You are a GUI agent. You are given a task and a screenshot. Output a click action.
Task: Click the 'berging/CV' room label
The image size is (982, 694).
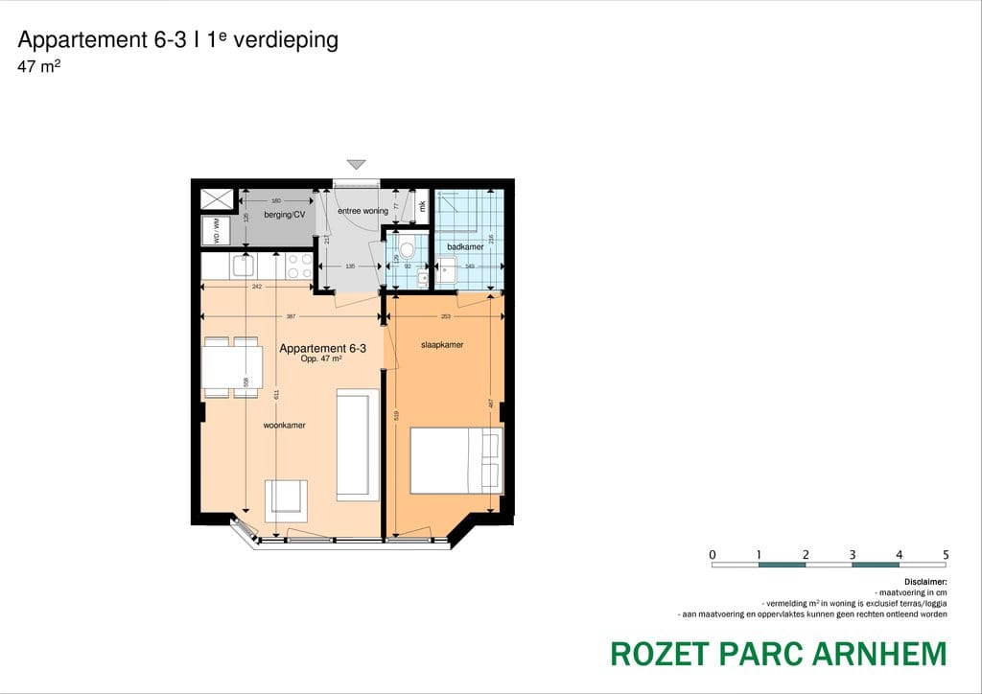tap(284, 215)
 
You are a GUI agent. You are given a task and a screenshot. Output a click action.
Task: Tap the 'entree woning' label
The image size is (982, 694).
tap(362, 211)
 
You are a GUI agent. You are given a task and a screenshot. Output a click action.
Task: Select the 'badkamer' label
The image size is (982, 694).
tap(465, 247)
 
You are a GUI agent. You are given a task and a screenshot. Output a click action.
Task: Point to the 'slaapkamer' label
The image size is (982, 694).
tap(442, 345)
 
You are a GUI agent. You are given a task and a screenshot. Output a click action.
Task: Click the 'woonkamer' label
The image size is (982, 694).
tap(285, 426)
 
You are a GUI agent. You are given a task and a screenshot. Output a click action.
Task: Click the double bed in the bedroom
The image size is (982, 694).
tap(456, 460)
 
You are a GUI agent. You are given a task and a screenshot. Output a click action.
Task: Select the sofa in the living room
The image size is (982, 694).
tap(353, 445)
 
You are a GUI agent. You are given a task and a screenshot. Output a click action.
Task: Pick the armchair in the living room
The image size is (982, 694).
tap(286, 497)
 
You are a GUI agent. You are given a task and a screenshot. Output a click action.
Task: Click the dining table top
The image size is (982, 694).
tap(231, 366)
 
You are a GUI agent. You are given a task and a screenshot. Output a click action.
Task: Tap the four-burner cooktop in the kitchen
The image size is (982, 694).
tap(299, 266)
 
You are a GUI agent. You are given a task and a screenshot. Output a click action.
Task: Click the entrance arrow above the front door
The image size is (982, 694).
tap(357, 165)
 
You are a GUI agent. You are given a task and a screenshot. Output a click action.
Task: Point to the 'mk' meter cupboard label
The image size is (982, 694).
tap(422, 205)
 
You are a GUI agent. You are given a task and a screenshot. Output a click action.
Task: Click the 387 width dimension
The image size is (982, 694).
tap(291, 315)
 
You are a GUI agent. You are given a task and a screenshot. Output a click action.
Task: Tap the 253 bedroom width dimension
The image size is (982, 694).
tap(446, 315)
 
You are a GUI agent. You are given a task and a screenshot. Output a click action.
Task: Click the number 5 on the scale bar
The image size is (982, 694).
tap(946, 554)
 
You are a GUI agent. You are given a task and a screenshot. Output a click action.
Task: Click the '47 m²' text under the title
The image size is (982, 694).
tap(39, 67)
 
